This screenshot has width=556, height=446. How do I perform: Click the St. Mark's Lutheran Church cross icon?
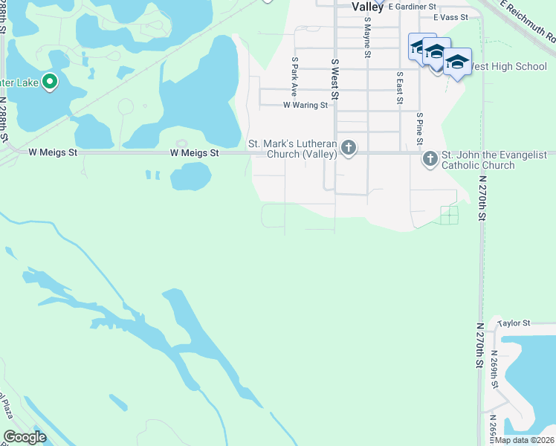[347, 149]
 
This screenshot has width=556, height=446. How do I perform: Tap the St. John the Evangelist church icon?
[430, 159]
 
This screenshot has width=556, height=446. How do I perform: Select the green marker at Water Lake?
[50, 82]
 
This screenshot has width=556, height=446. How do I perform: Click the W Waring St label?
[305, 106]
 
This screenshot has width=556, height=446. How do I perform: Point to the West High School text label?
[510, 66]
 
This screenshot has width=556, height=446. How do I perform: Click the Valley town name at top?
[367, 7]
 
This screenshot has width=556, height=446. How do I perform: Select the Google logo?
[25, 437]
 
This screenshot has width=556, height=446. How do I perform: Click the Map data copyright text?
[525, 440]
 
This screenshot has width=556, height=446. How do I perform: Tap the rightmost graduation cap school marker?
[457, 62]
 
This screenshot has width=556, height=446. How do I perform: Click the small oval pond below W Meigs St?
[190, 177]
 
